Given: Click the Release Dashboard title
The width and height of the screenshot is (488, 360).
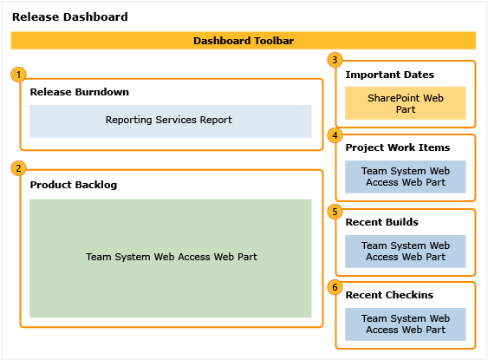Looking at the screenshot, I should pos(70,16).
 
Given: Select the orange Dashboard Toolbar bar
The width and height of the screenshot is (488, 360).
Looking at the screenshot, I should pos(243,40).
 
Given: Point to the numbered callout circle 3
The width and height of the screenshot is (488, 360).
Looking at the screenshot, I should pos(335,59).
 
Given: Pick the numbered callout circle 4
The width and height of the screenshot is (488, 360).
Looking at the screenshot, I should pos(335,134).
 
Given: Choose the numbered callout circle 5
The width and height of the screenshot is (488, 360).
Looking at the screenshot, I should pos(335,210).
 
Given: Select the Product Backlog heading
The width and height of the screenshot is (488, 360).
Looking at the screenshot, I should pos(73,185).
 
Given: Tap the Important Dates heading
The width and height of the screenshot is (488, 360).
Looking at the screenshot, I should pos(389,75).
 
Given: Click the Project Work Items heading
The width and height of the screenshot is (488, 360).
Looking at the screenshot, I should pos(397,147).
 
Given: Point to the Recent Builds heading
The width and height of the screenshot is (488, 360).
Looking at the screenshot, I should pos(381,222).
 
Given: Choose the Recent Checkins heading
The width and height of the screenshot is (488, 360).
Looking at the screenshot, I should pos(389,295).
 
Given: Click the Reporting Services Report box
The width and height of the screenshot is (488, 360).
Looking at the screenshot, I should pos(170,121).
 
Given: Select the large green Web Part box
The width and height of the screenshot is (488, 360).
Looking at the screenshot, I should pos(170,258).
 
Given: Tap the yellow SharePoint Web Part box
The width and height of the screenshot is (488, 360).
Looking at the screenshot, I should pos(404,103).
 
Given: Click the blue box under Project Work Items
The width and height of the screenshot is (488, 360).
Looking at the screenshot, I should pos(404,177).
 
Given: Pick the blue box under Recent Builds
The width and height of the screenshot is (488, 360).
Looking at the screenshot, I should pos(404,252).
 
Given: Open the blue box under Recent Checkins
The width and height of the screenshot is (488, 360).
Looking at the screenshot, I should pos(404,324).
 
